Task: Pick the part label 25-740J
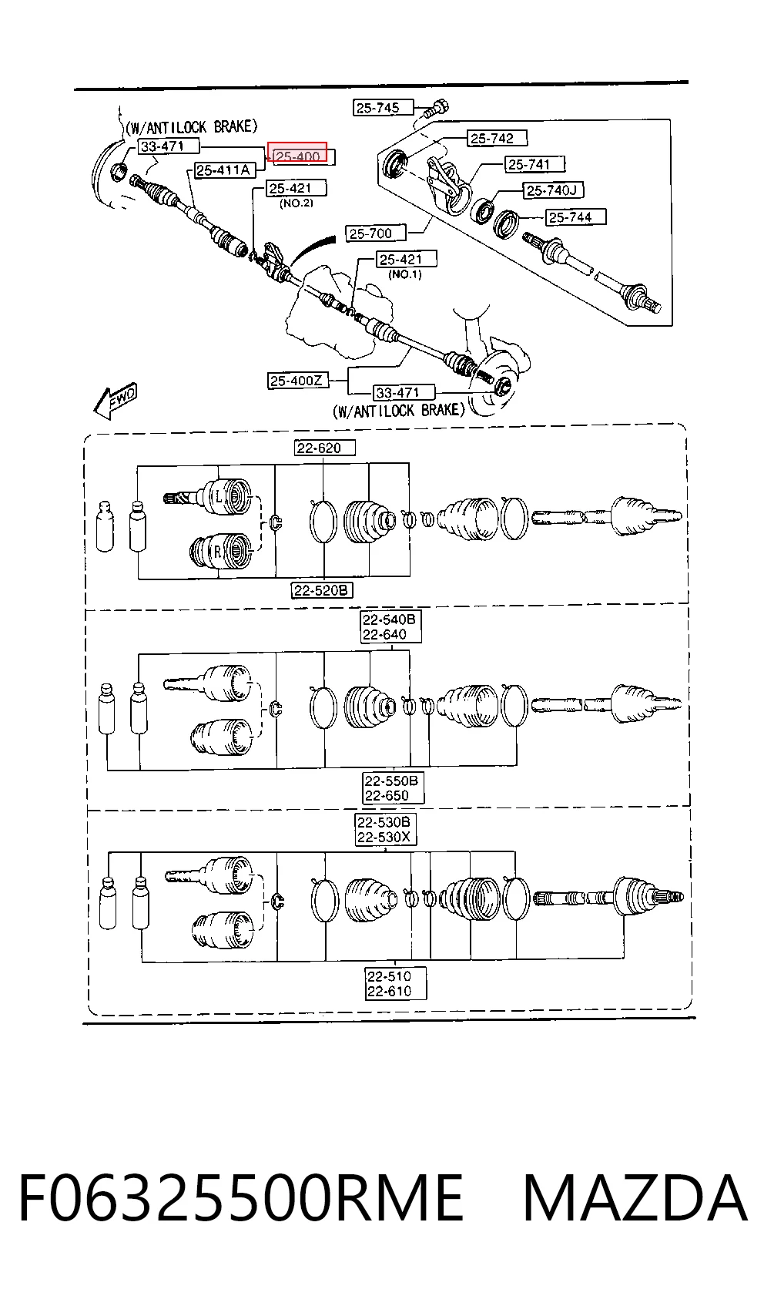[x=552, y=190]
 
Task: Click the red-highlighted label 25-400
[x=297, y=152]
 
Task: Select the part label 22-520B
[x=322, y=590]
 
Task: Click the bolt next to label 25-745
[x=437, y=109]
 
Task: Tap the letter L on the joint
[x=219, y=496]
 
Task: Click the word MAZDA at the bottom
[x=635, y=1197]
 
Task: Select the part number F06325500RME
[x=241, y=1197]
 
